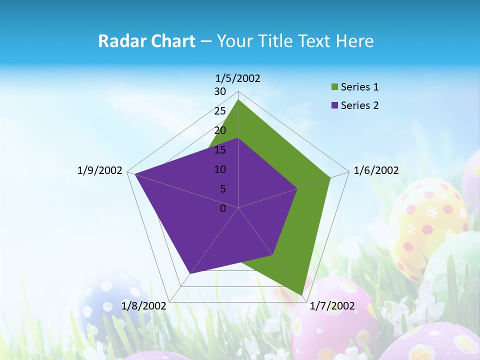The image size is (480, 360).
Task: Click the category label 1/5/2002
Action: point(238,78)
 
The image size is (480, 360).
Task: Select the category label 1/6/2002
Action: point(376,170)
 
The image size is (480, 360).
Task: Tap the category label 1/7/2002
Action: point(332,305)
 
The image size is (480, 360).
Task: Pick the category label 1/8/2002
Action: point(144,305)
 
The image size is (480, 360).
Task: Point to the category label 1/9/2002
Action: point(99,170)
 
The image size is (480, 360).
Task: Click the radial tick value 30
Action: point(220,91)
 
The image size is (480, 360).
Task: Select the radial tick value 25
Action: point(220,111)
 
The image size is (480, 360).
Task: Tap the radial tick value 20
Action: point(220,130)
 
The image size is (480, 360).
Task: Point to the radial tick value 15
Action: point(220,150)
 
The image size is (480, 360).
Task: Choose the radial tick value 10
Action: point(220,169)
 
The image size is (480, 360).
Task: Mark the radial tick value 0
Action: point(223,208)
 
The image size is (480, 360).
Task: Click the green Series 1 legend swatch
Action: point(334,87)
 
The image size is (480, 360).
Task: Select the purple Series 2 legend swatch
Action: point(334,105)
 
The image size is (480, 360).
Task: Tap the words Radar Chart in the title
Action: point(146,41)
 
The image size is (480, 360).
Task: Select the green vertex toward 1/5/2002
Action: point(238,100)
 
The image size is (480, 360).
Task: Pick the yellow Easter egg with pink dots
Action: point(428,220)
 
